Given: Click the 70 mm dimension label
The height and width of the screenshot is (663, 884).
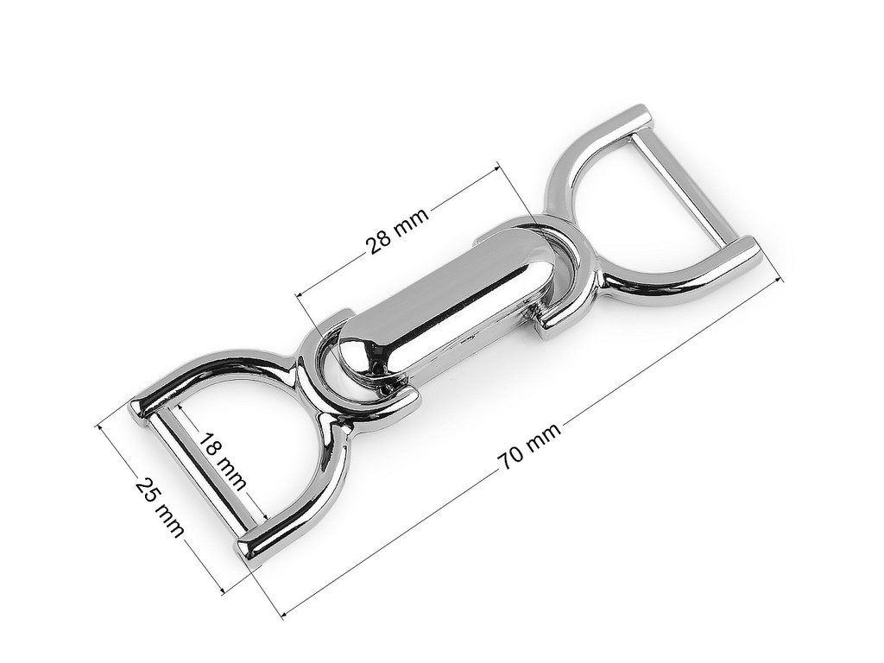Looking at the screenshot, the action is point(528,446).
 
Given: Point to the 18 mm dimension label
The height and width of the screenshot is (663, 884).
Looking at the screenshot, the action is point(224,461).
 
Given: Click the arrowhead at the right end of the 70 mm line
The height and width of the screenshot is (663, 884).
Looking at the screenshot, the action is point(779,281).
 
